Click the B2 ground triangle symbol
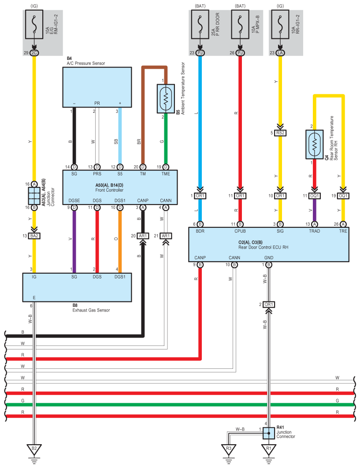(x=34, y=450)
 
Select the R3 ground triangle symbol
(x=228, y=450)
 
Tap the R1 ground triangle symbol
(x=267, y=450)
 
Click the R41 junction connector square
(x=267, y=433)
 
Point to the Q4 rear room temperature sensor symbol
(x=314, y=144)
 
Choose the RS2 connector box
(x=280, y=133)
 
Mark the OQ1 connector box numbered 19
(x=344, y=196)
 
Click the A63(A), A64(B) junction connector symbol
(x=34, y=195)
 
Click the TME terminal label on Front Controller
(x=166, y=174)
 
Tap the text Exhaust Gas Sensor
(x=91, y=310)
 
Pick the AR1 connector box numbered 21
(x=166, y=236)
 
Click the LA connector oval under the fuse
(x=280, y=53)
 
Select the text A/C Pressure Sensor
(x=85, y=63)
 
